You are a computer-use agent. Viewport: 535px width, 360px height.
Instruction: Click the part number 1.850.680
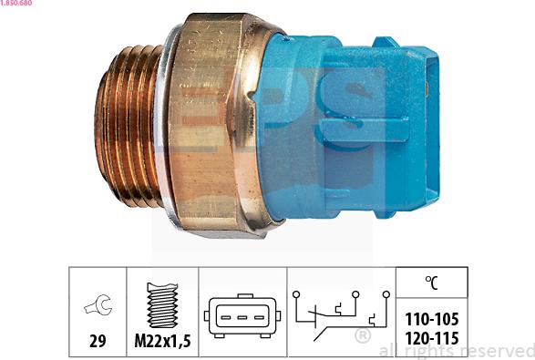[20, 5]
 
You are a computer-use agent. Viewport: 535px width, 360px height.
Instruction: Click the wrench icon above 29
[96, 306]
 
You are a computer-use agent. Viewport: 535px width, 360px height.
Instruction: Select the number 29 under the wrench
[97, 342]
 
